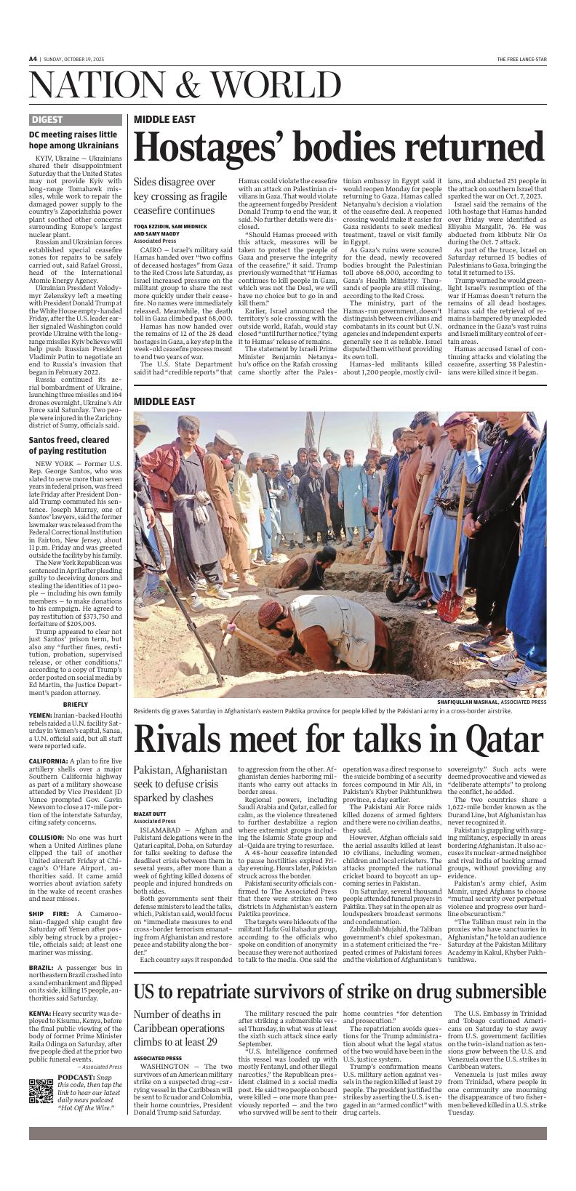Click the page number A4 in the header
click(x=33, y=59)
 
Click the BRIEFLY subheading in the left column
click(x=76, y=704)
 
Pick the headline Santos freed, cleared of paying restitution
click(x=69, y=445)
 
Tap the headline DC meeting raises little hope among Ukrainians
click(x=73, y=140)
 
